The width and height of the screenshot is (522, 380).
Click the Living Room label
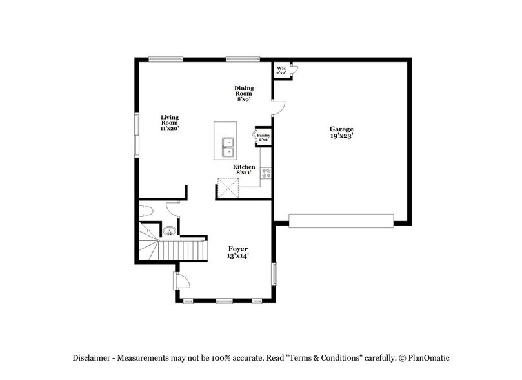click(170, 119)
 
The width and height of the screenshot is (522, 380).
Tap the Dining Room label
click(244, 89)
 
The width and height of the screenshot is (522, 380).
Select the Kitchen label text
click(245, 167)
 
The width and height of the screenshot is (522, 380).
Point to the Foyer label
click(238, 249)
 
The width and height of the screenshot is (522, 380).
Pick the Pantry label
click(263, 134)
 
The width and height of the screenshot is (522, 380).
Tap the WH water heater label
click(281, 69)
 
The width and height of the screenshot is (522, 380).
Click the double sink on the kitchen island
click(228, 147)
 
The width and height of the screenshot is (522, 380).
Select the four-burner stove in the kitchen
click(266, 173)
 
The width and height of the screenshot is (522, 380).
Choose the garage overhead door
click(341, 221)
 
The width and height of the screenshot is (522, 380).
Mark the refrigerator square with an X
click(228, 190)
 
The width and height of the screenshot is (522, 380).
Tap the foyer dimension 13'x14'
click(238, 257)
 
